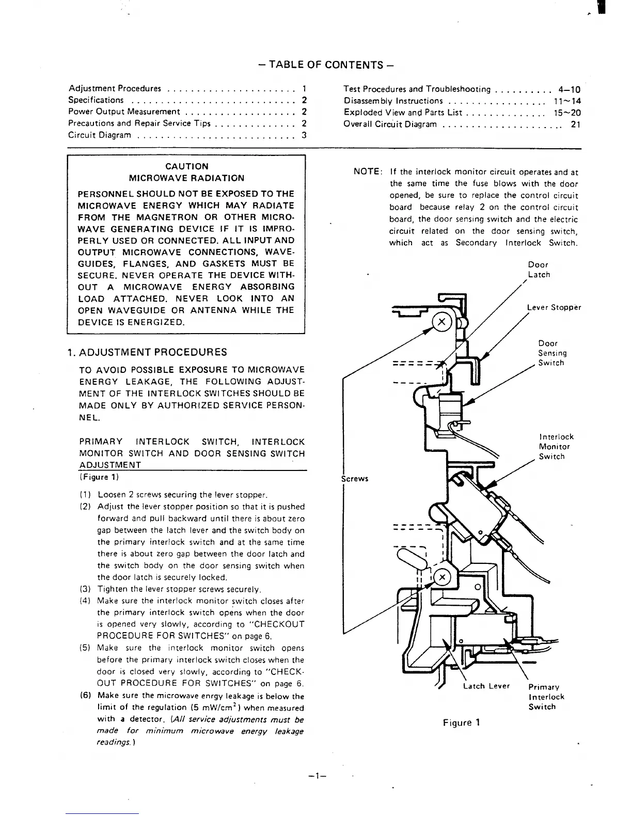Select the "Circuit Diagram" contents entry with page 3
[x=99, y=135]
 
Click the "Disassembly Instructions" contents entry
[x=393, y=101]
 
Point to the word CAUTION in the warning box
[x=186, y=166]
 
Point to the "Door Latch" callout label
[x=539, y=270]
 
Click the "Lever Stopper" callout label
[x=554, y=307]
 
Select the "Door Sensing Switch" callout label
[x=552, y=353]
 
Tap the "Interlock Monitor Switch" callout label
[x=556, y=447]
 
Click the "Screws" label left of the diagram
[x=355, y=478]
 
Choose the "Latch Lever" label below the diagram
[x=486, y=686]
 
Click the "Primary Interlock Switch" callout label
[x=546, y=697]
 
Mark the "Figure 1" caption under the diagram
[x=461, y=722]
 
